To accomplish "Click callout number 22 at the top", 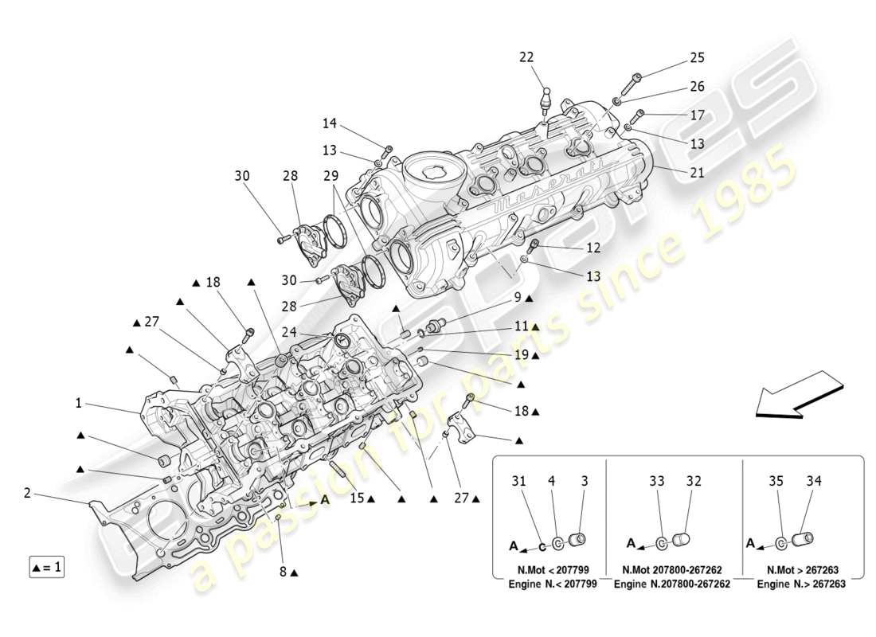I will tap(549, 57).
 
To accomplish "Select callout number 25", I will tap(697, 58).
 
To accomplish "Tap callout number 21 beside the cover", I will tap(696, 173).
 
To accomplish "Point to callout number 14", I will tap(330, 123).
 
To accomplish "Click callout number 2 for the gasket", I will tap(27, 494).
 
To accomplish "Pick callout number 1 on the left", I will tap(79, 404).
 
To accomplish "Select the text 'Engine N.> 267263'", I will tap(801, 584).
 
